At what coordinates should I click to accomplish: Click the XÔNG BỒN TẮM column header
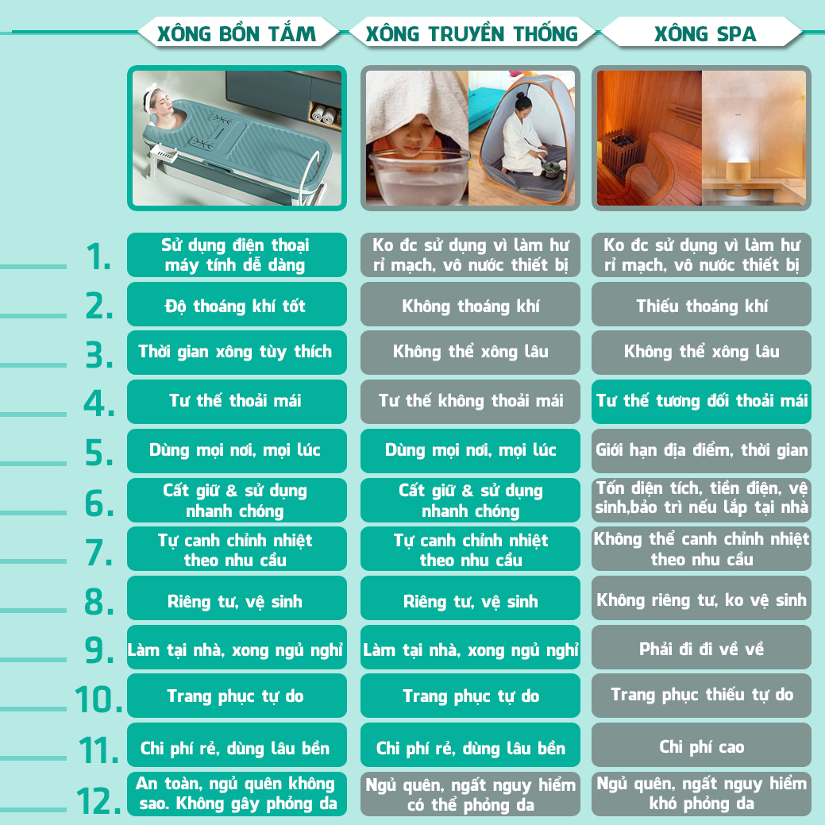click(237, 33)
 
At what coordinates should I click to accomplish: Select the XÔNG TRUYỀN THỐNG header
click(472, 33)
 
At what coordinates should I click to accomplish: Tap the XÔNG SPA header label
click(705, 33)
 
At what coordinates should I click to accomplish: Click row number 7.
click(98, 553)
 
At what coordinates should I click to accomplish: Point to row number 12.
click(99, 801)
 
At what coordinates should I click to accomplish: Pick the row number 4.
click(99, 403)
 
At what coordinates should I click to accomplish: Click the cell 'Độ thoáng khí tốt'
click(237, 304)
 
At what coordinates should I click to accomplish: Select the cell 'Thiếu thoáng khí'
click(701, 304)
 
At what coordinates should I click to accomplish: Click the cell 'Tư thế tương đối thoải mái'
click(701, 402)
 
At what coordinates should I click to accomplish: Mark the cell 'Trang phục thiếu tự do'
click(701, 695)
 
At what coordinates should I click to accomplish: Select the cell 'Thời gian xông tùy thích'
click(237, 353)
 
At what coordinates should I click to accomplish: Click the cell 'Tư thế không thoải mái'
click(470, 402)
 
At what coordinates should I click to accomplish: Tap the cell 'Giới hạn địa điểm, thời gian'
click(701, 451)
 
